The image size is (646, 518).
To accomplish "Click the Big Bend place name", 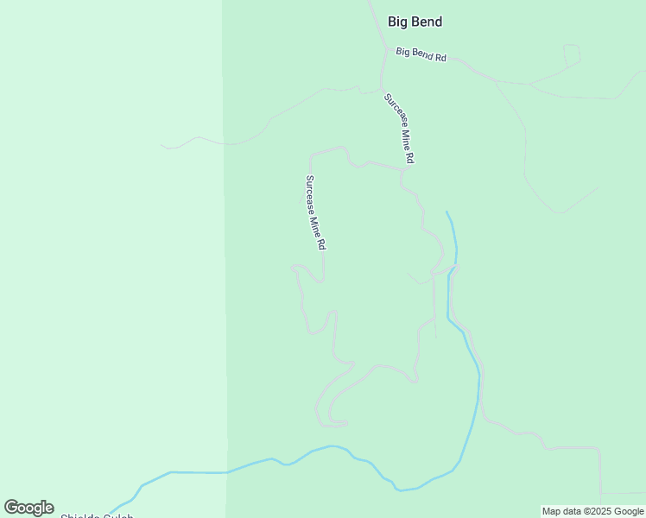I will (415, 22).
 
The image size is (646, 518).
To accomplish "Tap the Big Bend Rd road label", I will (421, 54).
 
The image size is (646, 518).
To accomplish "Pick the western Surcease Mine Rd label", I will (314, 213).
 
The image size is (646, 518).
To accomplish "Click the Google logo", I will (28, 508).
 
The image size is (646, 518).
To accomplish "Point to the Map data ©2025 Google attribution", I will (592, 511).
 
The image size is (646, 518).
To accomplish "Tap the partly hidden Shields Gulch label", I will (97, 515).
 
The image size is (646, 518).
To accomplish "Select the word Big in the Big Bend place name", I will (396, 22).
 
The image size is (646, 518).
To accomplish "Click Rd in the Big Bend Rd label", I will (440, 57).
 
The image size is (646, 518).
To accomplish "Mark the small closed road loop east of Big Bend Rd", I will (572, 54).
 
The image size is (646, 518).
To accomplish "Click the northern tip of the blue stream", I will (446, 212).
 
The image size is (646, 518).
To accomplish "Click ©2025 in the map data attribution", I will (595, 511).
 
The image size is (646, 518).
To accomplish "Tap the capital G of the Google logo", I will (12, 508).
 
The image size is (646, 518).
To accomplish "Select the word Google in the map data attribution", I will (628, 511).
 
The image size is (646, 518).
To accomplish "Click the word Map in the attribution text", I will (552, 511).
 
